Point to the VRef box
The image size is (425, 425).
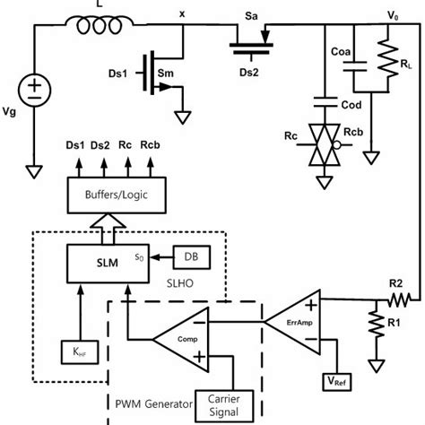(339, 380)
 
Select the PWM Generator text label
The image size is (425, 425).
(154, 404)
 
